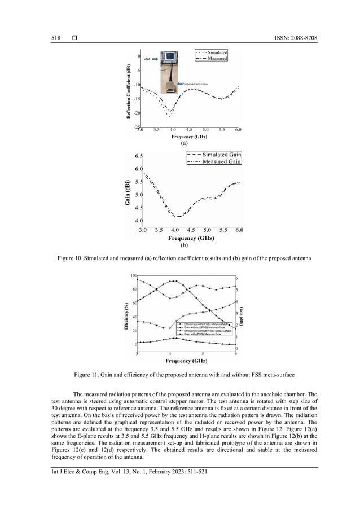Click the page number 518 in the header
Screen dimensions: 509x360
click(55, 38)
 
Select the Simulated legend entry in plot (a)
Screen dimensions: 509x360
click(217, 52)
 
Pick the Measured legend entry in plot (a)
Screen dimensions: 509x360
click(217, 58)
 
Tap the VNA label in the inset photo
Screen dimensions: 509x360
click(147, 58)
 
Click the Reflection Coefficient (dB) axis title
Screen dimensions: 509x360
click(129, 91)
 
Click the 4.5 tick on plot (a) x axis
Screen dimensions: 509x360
click(189, 130)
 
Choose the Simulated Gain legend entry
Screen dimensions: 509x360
click(220, 154)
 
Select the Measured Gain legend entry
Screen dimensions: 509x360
click(222, 161)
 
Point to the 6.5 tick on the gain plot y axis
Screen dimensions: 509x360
click(138, 156)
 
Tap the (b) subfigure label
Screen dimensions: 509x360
click(183, 245)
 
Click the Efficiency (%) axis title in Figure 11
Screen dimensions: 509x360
click(126, 317)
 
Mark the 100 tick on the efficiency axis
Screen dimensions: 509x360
click(134, 275)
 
